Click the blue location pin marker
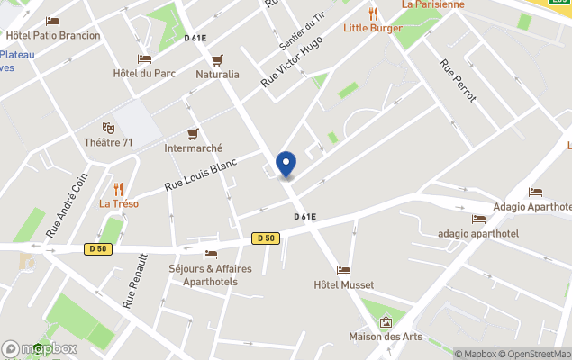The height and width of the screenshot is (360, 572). (286, 165)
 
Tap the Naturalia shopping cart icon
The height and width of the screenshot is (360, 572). (217, 60)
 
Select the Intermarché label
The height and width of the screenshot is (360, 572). (193, 148)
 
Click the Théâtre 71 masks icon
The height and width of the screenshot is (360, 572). (108, 129)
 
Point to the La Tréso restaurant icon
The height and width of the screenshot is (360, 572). (118, 189)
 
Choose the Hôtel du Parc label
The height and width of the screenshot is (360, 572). (144, 73)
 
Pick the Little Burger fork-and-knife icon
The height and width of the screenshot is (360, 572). (373, 13)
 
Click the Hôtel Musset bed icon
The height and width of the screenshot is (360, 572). (343, 270)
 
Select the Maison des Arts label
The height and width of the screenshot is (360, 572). (386, 337)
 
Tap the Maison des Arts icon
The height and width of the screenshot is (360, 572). (386, 321)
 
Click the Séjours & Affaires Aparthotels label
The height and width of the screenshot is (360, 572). (210, 274)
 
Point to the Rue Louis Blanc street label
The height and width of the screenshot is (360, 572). (200, 175)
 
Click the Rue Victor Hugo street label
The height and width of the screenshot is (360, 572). (292, 61)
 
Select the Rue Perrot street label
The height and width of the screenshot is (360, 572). (458, 80)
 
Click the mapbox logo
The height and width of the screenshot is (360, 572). (40, 348)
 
